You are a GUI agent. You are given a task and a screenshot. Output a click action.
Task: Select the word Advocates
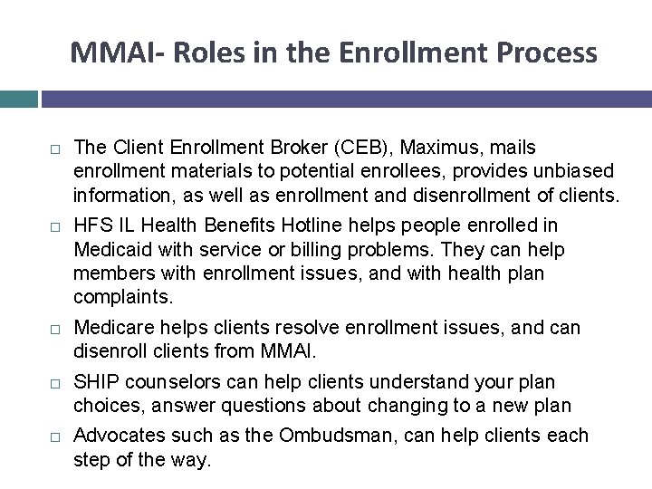pyautogui.click(x=114, y=436)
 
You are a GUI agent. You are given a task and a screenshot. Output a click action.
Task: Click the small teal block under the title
pyautogui.click(x=18, y=98)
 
